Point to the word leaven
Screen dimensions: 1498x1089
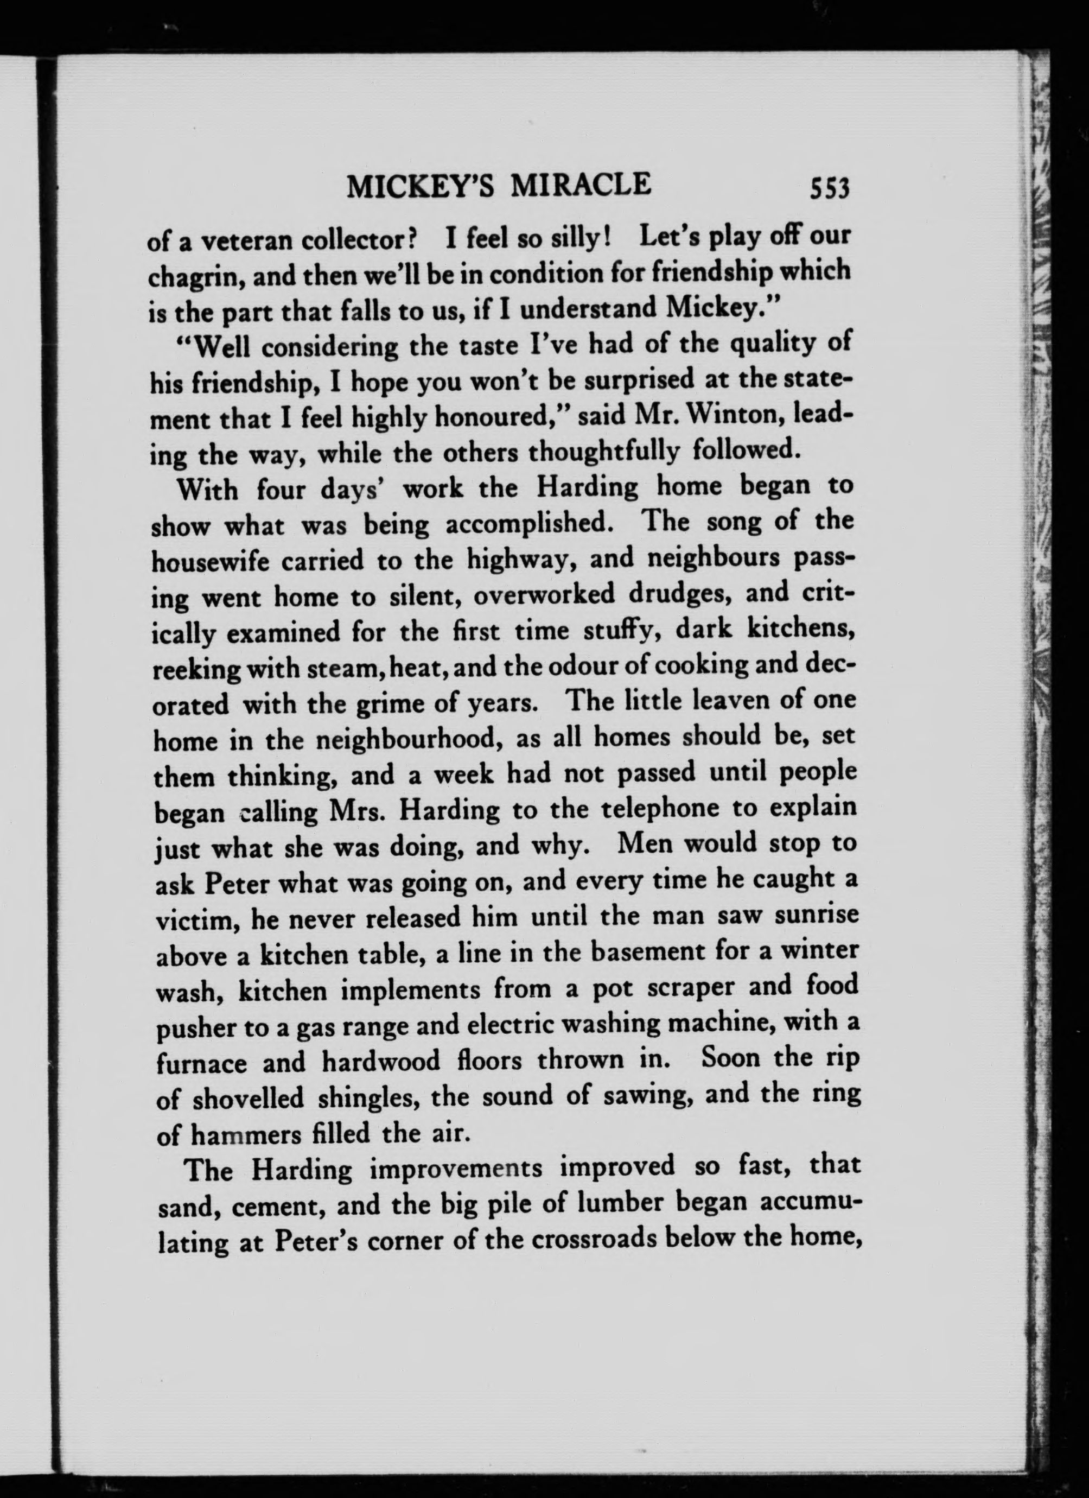pos(715,701)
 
